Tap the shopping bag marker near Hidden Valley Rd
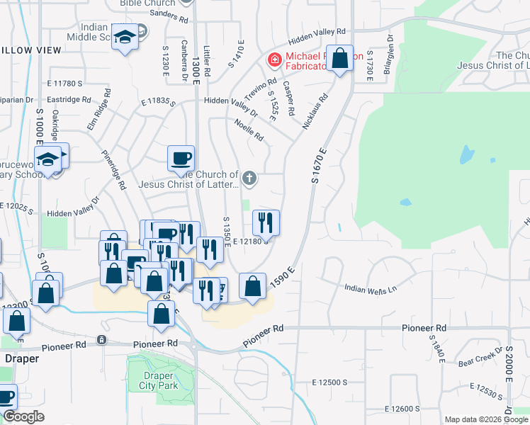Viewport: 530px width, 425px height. pyautogui.click(x=340, y=59)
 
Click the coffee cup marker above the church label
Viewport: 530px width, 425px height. pyautogui.click(x=181, y=158)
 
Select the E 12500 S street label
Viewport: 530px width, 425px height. pyautogui.click(x=330, y=382)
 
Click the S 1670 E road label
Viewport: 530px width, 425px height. pyautogui.click(x=319, y=166)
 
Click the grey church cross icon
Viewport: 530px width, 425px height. pyautogui.click(x=249, y=178)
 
